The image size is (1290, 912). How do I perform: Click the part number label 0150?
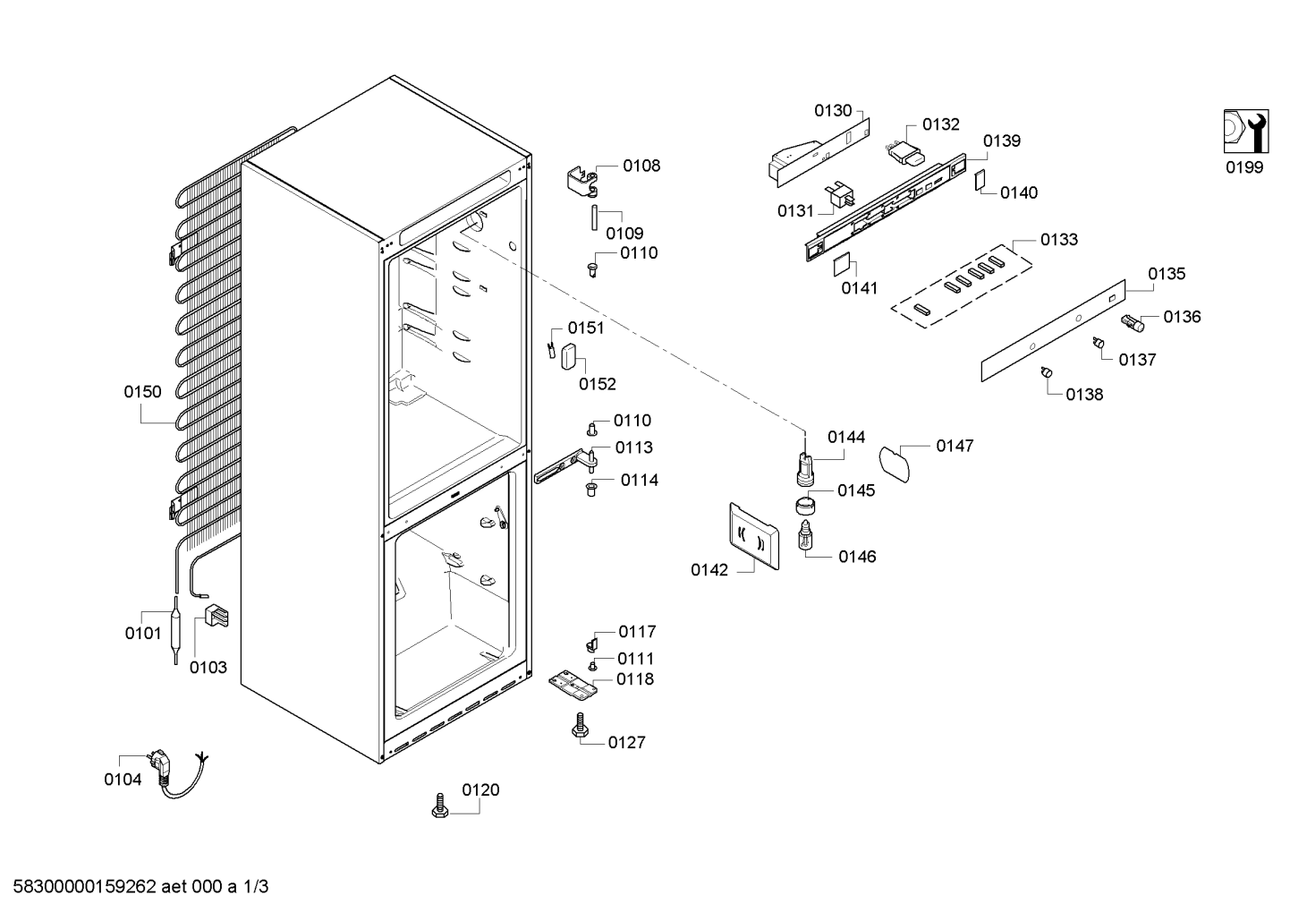tap(142, 392)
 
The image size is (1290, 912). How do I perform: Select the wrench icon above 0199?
tap(1245, 132)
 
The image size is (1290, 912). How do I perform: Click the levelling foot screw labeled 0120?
tap(440, 805)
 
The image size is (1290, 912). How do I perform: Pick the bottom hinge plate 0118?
tap(572, 685)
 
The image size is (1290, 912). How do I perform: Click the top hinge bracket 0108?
tap(582, 181)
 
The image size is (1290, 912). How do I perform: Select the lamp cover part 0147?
tap(895, 465)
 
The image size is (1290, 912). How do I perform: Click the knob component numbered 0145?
tap(806, 507)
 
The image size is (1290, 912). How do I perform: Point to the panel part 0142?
tap(754, 536)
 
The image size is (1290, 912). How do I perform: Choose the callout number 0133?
tap(1059, 240)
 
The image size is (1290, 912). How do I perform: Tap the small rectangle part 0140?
tap(980, 180)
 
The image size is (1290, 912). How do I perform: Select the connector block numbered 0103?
tap(216, 615)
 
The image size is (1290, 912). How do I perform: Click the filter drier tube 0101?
tap(175, 631)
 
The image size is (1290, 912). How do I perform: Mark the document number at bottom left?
tap(140, 887)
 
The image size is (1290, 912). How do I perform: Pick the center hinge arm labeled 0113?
tap(565, 467)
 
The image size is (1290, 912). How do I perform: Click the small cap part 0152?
tap(569, 356)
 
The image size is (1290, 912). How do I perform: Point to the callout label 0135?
tap(1167, 274)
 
